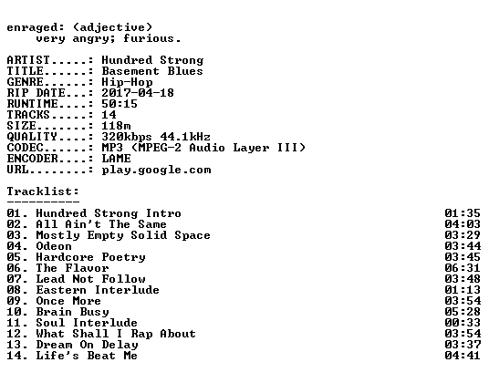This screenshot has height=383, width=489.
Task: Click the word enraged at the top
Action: (x=32, y=27)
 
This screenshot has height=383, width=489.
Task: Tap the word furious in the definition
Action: (x=149, y=38)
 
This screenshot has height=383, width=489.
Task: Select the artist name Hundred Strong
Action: (x=152, y=60)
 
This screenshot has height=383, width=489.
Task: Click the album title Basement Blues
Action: (x=152, y=71)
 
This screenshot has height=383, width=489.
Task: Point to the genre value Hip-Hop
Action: (x=127, y=82)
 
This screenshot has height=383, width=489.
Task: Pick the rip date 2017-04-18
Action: (x=138, y=93)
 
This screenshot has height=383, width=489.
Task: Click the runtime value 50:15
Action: (x=120, y=104)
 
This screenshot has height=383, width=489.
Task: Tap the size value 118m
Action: (x=116, y=126)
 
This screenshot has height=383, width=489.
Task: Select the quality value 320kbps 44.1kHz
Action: (x=156, y=137)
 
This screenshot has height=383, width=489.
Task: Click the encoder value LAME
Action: (x=116, y=159)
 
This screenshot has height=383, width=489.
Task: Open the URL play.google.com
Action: (x=156, y=171)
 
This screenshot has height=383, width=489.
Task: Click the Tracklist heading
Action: (x=43, y=191)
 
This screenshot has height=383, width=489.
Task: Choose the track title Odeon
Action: (x=54, y=246)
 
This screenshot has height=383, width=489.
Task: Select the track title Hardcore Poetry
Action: (x=90, y=257)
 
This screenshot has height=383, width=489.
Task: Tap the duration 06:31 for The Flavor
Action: (x=463, y=268)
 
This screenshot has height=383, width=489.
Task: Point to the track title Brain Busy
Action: (x=72, y=312)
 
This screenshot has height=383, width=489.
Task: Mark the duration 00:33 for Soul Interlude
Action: (x=463, y=323)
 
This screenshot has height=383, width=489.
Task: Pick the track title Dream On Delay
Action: (x=87, y=345)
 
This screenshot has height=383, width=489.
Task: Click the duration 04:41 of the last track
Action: (x=463, y=356)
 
